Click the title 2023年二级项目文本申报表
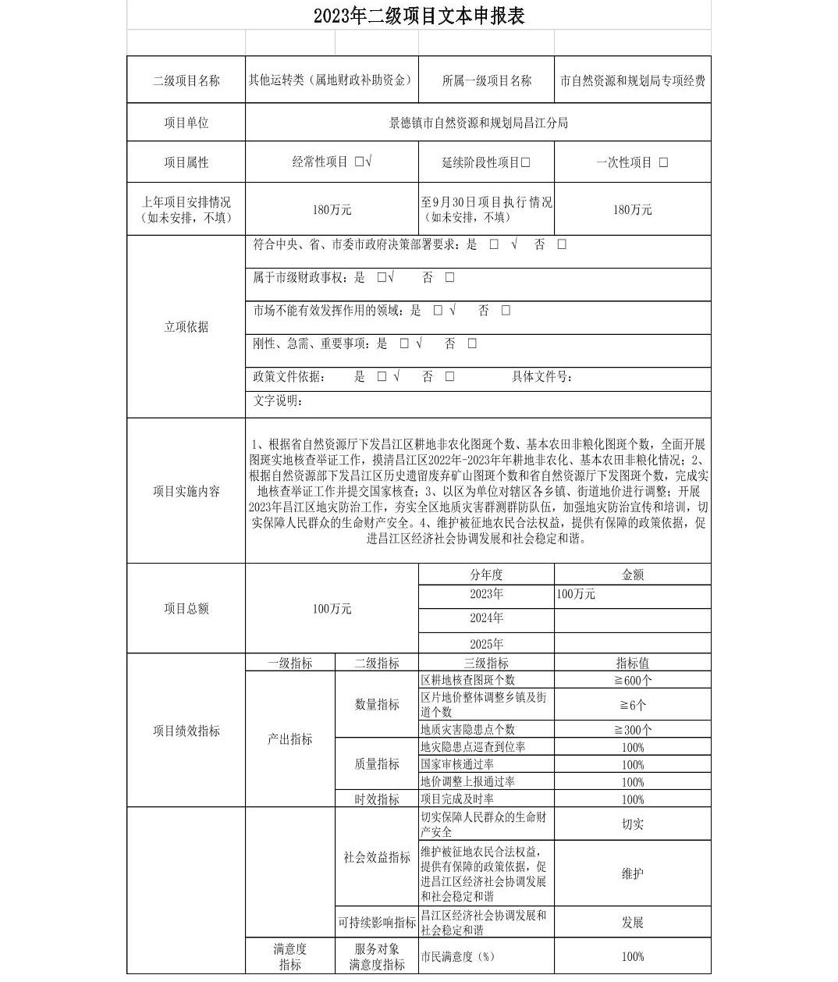[419, 16]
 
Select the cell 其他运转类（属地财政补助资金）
[332, 80]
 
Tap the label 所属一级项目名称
[486, 80]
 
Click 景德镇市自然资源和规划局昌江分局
[478, 123]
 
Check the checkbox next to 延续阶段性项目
[526, 163]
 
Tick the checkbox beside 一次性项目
[663, 163]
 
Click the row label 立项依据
[186, 327]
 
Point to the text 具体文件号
[542, 377]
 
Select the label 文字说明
[277, 401]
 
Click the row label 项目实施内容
[186, 492]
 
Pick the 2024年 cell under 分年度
[486, 618]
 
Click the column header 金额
[632, 575]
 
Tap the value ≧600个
[632, 680]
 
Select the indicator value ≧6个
[632, 705]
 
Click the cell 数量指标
[377, 705]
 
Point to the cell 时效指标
[377, 799]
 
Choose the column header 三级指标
[486, 664]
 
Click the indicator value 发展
[632, 923]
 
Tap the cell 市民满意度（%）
[458, 956]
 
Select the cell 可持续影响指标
[377, 923]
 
